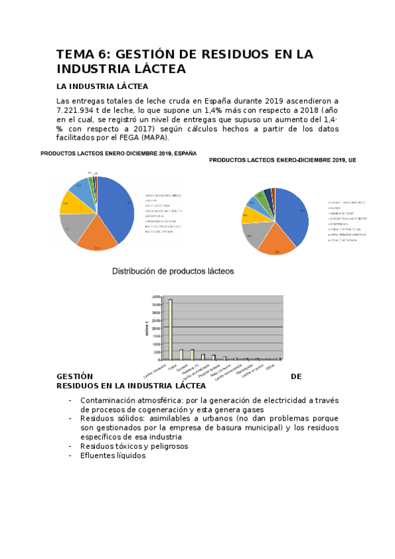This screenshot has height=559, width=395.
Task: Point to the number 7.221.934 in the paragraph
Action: (83, 110)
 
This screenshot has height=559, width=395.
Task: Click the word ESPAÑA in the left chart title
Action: (183, 154)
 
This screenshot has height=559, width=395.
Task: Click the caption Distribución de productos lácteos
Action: (173, 271)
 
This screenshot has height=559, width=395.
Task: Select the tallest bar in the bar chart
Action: (170, 329)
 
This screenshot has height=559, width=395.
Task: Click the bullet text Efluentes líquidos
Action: (113, 456)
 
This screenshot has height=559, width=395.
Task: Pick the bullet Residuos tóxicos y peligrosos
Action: (134, 446)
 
